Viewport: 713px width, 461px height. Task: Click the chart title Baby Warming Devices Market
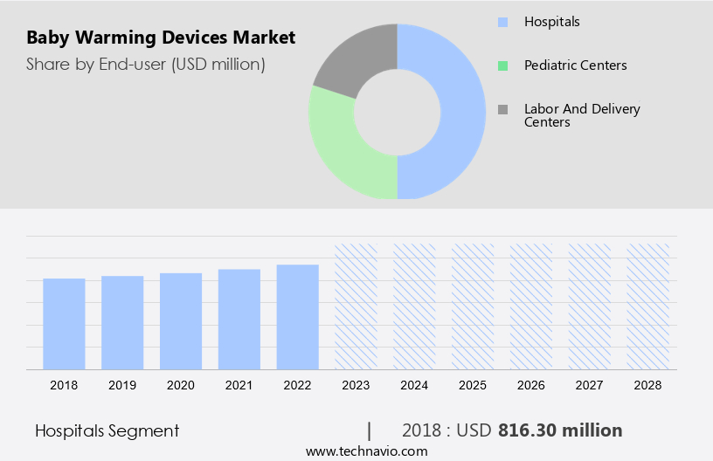pyautogui.click(x=161, y=38)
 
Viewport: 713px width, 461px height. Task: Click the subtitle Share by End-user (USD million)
pyautogui.click(x=146, y=64)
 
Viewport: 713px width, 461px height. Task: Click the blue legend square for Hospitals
pyautogui.click(x=502, y=22)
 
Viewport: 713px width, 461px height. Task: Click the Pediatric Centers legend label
pyautogui.click(x=575, y=65)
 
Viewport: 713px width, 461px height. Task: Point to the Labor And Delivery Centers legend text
pyautogui.click(x=582, y=115)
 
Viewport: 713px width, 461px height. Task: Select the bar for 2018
pyautogui.click(x=64, y=323)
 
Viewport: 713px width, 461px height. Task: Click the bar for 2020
pyautogui.click(x=181, y=320)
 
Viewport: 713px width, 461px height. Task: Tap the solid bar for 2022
pyautogui.click(x=298, y=316)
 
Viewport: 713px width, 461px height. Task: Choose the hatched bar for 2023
pyautogui.click(x=356, y=306)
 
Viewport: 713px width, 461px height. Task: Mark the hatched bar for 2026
pyautogui.click(x=531, y=306)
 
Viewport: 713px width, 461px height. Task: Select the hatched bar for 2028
pyautogui.click(x=648, y=306)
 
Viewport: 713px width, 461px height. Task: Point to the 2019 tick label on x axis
pyautogui.click(x=122, y=384)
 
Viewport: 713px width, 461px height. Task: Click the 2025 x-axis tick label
pyautogui.click(x=473, y=384)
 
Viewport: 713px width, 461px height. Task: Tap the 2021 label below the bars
pyautogui.click(x=239, y=384)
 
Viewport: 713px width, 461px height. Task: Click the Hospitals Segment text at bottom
pyautogui.click(x=107, y=430)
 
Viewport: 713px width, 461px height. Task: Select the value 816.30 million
pyautogui.click(x=560, y=430)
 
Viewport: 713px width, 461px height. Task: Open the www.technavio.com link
pyautogui.click(x=367, y=451)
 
